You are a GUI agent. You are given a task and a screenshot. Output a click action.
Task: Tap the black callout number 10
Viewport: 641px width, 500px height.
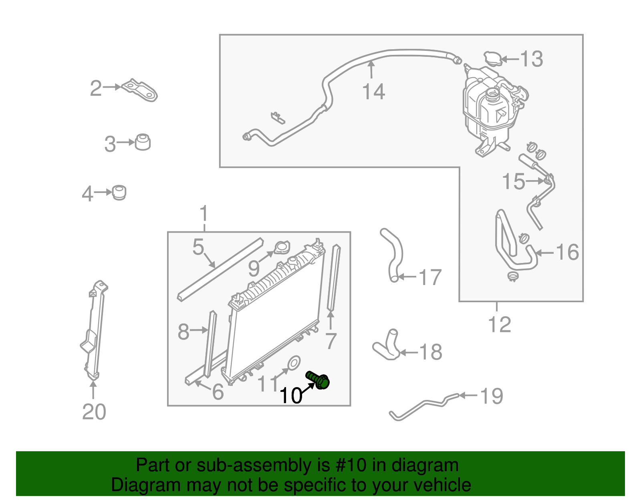click(291, 396)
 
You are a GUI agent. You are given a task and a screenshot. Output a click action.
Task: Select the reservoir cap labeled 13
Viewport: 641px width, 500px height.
click(492, 59)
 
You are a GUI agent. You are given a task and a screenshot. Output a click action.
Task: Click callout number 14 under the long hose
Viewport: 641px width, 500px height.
click(373, 92)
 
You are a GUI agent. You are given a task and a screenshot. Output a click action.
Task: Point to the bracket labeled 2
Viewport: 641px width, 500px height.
click(140, 90)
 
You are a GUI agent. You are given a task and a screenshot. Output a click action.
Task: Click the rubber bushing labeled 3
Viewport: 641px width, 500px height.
click(142, 142)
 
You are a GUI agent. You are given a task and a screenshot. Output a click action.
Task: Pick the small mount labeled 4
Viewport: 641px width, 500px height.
click(119, 193)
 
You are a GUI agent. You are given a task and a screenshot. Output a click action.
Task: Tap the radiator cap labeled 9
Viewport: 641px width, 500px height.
click(282, 247)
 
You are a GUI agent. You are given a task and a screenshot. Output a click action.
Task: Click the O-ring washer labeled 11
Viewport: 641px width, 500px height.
click(294, 363)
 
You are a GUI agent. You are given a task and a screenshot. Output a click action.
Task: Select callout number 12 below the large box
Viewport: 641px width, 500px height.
click(500, 325)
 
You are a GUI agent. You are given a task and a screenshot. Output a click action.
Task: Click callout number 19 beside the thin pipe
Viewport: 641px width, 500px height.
click(491, 396)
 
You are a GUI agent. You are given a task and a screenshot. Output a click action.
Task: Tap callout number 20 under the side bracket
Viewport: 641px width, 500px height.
click(94, 412)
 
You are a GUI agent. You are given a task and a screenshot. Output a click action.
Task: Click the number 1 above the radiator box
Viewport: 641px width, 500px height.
click(204, 213)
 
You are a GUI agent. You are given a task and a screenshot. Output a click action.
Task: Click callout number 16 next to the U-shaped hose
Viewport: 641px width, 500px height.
click(567, 252)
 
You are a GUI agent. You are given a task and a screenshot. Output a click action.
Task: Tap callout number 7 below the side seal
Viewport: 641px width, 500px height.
click(331, 341)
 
